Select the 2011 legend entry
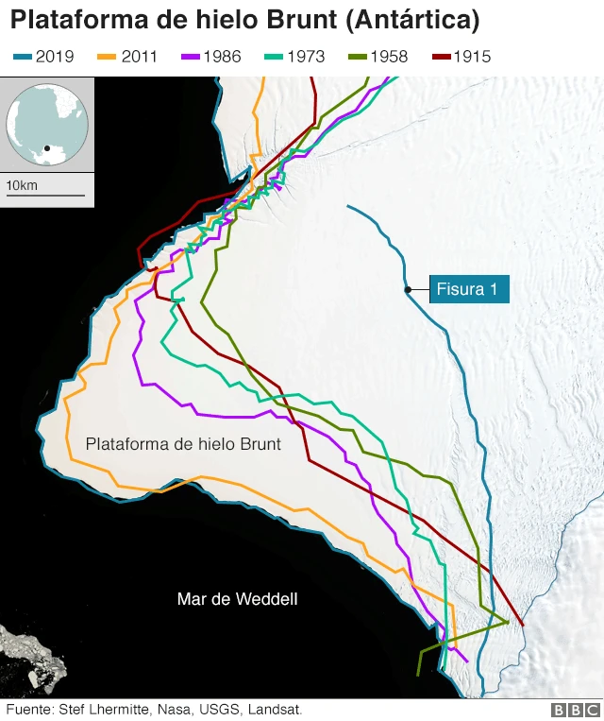coord(127,57)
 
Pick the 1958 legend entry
coord(377,57)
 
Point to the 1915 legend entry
coord(460,57)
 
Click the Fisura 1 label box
coord(469,289)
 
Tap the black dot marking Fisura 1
coord(407,289)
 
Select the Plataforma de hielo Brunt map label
coord(183,443)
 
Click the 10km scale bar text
coord(22,185)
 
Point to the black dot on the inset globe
coord(46,148)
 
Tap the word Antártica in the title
coord(416,19)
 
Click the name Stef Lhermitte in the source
coord(105,709)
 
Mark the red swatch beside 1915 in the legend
coord(442,57)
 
